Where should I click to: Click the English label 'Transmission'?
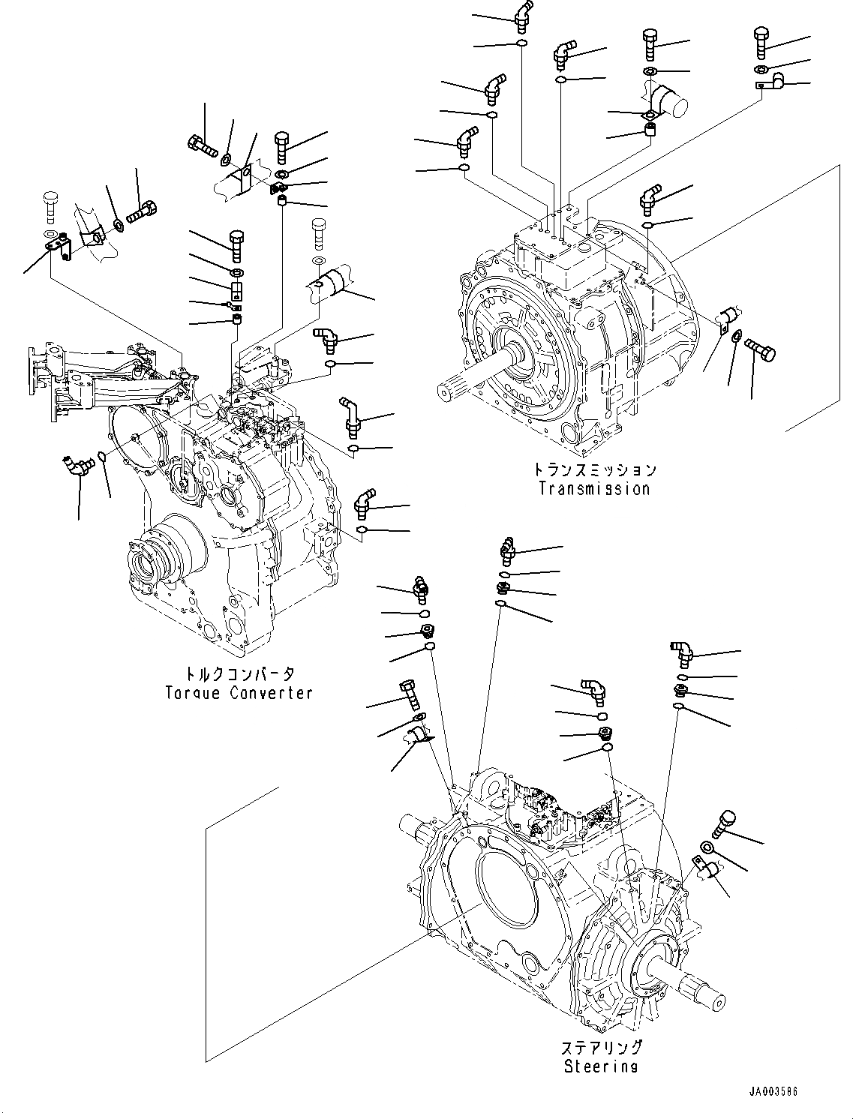tap(593, 489)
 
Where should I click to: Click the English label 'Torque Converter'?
tap(239, 693)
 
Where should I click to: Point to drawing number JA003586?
tap(773, 1091)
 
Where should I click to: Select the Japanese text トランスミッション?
tap(594, 470)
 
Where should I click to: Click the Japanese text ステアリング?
tap(601, 1048)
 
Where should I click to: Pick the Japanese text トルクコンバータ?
tap(239, 673)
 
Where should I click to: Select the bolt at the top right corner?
tap(761, 40)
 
